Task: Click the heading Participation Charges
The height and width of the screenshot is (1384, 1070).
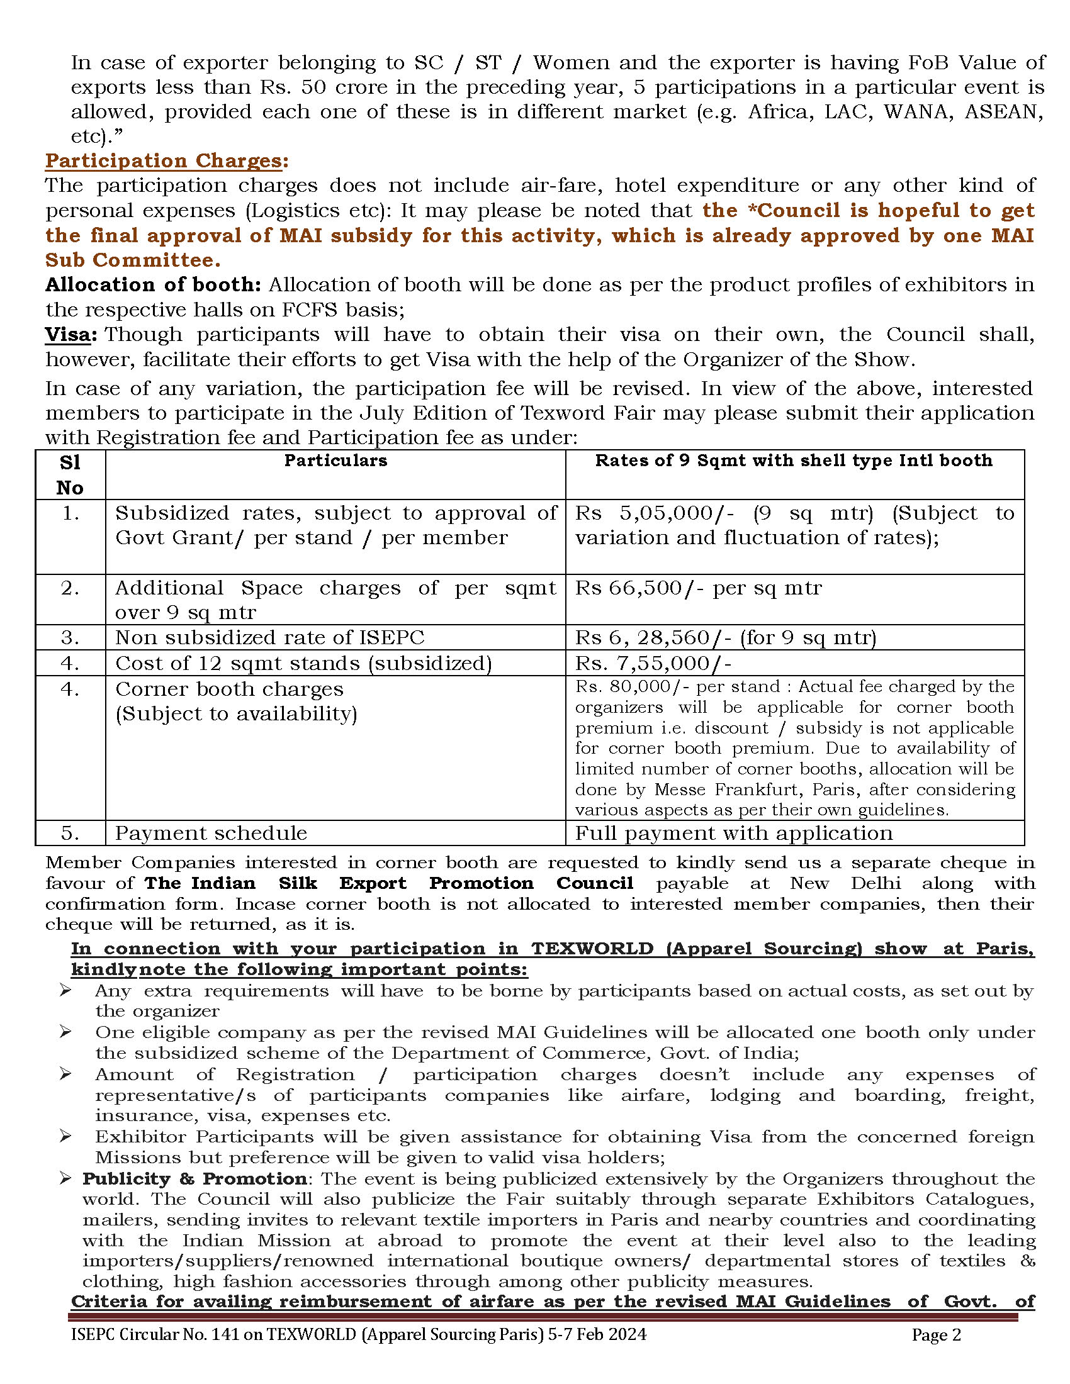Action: click(x=163, y=161)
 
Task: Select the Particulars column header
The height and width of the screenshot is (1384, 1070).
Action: click(x=335, y=460)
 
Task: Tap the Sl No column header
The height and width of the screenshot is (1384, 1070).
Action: click(x=70, y=474)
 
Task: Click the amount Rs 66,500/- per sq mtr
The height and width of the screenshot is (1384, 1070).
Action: click(x=698, y=588)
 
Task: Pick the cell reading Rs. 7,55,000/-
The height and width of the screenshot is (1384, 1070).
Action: click(x=653, y=664)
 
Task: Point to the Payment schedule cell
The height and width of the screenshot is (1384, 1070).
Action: click(x=211, y=833)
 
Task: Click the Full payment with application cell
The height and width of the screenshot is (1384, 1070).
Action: click(x=733, y=833)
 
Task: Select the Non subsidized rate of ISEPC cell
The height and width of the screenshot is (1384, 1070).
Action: click(x=269, y=637)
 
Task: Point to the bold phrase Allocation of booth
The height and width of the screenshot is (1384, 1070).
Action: click(x=152, y=285)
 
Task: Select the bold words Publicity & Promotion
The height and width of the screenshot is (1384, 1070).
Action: click(x=194, y=1179)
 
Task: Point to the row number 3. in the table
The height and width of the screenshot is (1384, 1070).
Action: click(x=70, y=637)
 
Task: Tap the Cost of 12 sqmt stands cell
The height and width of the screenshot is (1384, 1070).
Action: click(x=303, y=664)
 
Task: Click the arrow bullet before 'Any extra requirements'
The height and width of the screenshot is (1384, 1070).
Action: click(x=65, y=990)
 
